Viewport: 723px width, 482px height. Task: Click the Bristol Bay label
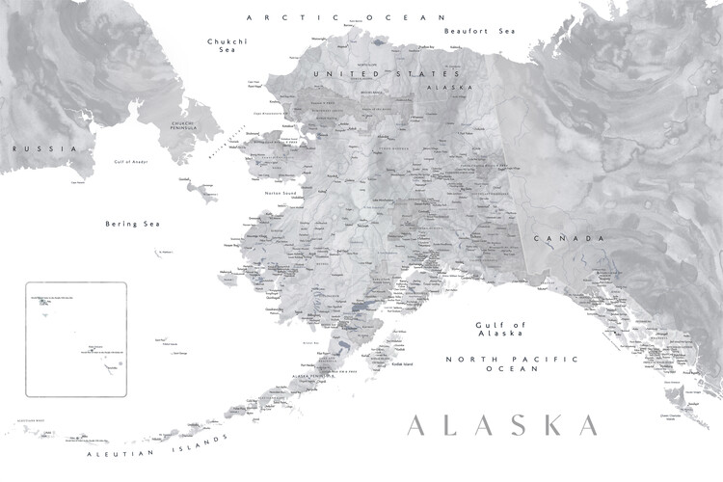pyautogui.click(x=309, y=342)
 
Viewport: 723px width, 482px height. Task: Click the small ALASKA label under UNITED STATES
pyautogui.click(x=439, y=85)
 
